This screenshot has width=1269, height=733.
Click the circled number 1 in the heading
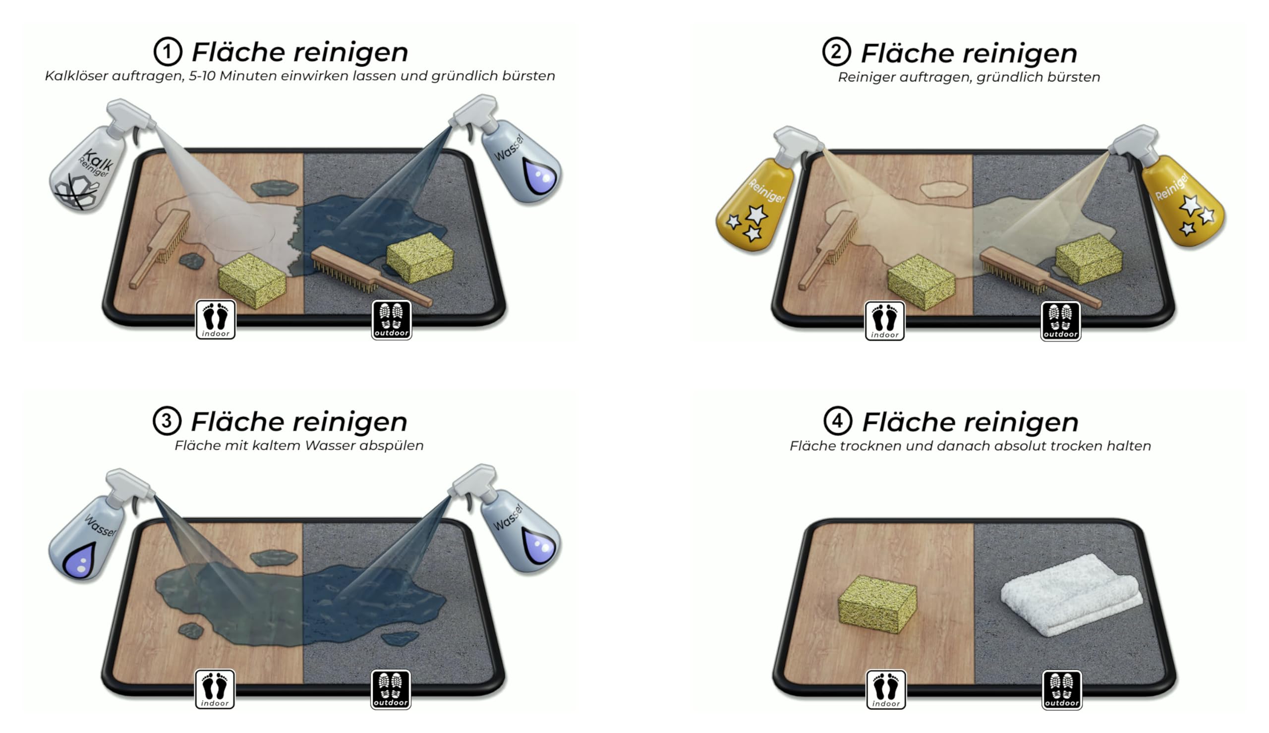point(168,52)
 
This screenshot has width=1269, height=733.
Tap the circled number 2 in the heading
point(836,52)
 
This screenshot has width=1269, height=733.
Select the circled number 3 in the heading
point(167,421)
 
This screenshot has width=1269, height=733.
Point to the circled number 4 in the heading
point(838,421)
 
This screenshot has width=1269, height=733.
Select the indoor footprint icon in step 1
point(216,320)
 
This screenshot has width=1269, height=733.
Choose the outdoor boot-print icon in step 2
point(1060,321)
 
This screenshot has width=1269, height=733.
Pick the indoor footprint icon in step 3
point(215,689)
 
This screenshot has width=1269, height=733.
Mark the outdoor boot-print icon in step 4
point(1062,690)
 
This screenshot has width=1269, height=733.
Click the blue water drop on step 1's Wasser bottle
point(540,176)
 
